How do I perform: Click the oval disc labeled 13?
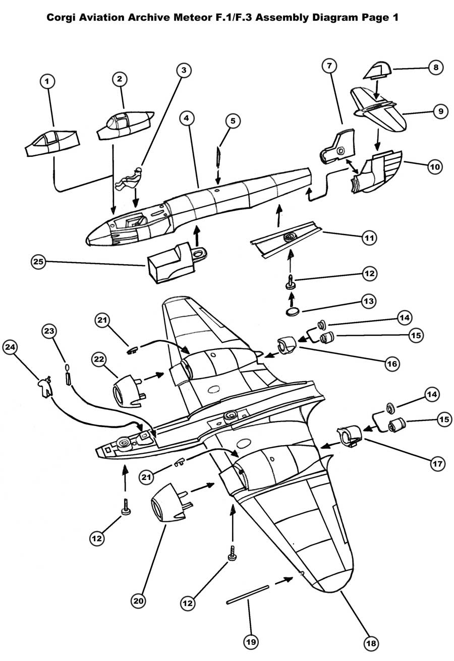292,312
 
